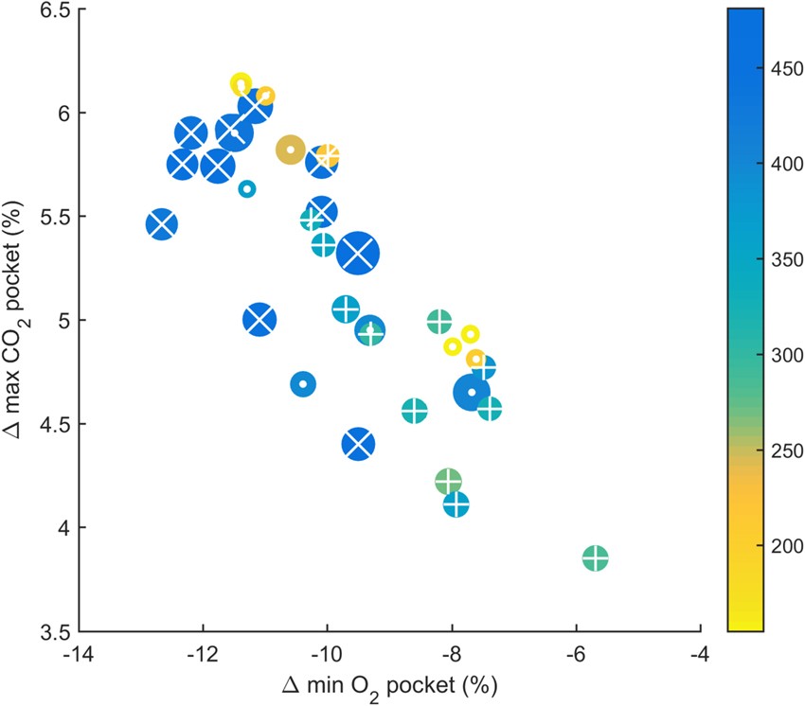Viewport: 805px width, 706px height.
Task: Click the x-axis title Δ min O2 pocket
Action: [389, 684]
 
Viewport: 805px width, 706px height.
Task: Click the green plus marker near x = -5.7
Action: [595, 558]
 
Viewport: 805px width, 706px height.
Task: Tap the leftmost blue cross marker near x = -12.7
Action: [161, 224]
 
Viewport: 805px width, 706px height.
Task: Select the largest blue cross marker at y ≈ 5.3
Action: [359, 253]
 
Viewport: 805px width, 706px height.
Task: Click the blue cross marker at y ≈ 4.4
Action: [359, 443]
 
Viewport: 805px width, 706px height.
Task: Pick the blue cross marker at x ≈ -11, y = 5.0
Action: [259, 319]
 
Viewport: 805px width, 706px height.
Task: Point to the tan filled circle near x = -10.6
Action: [290, 150]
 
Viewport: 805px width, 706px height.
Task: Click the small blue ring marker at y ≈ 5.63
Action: [247, 189]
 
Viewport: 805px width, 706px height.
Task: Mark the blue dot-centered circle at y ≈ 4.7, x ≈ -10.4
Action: [303, 384]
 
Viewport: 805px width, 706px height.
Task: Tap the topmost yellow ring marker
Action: [241, 84]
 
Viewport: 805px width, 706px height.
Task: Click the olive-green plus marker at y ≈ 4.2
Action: [448, 482]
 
